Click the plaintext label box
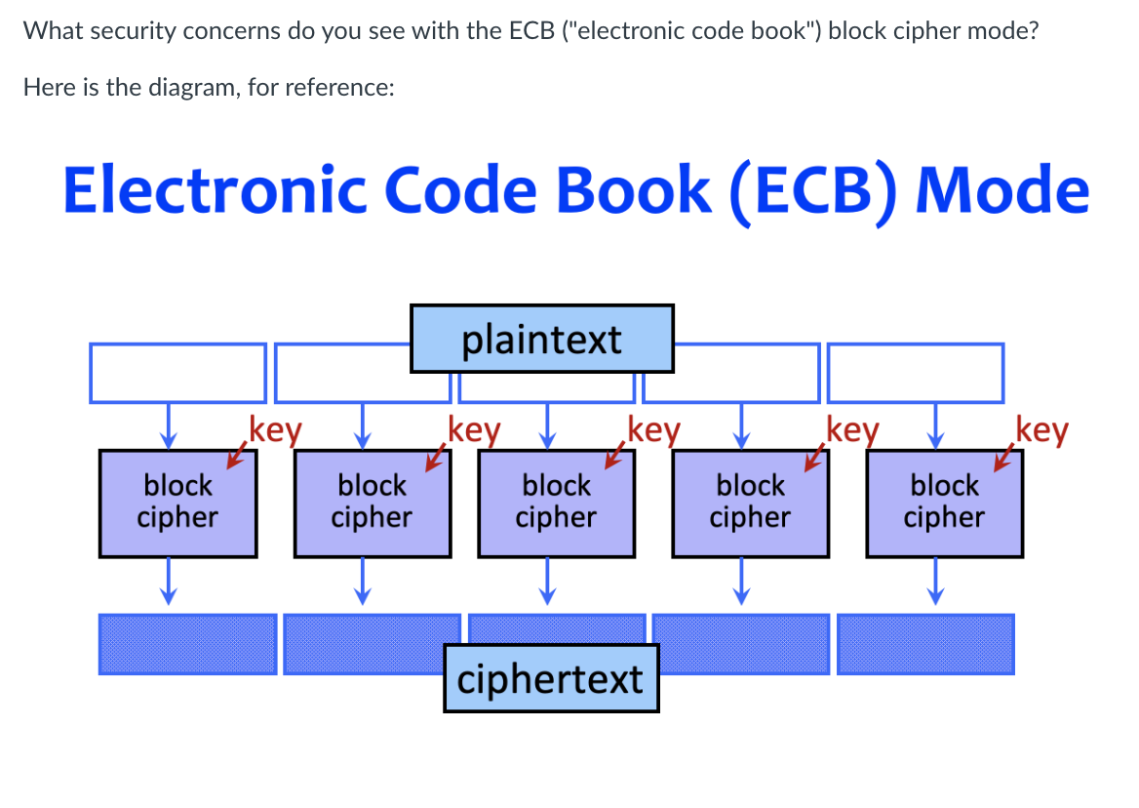541,339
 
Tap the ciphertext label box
551,678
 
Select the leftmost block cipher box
177,503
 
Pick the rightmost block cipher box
944,503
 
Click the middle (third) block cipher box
557,503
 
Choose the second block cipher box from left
372,503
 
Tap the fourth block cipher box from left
750,503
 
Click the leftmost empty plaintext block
177,373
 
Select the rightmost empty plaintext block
916,373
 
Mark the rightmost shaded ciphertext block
925,644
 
